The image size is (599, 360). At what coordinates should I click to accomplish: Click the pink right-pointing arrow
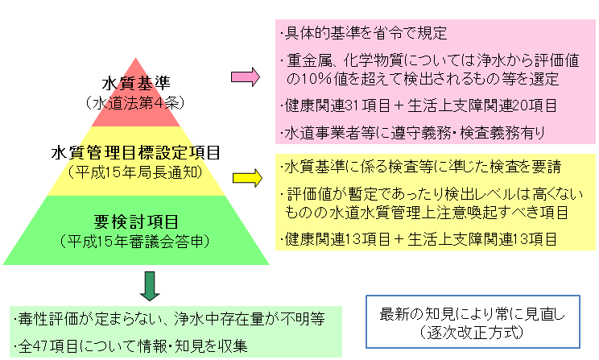tap(244, 78)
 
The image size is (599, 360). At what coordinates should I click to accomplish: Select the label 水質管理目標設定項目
tap(135, 152)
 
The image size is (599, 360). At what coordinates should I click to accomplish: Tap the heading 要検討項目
tap(136, 221)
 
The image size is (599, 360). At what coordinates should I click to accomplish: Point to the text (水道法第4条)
tap(136, 102)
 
